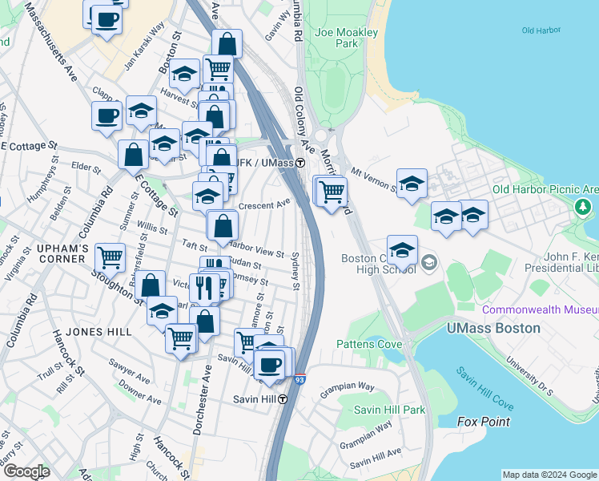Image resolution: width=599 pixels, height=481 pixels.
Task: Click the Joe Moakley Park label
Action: pos(347,38)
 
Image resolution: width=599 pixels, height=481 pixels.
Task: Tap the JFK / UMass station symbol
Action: pos(299,163)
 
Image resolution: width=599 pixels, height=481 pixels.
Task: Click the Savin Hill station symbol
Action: pos(283,398)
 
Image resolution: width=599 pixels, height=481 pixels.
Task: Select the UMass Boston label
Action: pos(493,328)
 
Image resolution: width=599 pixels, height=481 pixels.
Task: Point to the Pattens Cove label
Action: pos(369,344)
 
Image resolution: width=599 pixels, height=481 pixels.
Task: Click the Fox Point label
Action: pos(483,421)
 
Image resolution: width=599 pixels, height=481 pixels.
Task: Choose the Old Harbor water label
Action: pos(538,30)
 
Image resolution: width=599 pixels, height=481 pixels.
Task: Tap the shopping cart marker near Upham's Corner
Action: pos(110,257)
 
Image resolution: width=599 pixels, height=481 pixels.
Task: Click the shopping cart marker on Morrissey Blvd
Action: pos(332,191)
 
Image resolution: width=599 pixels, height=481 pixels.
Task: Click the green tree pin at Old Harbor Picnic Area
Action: pos(583,208)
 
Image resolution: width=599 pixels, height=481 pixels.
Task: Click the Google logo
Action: pos(26,471)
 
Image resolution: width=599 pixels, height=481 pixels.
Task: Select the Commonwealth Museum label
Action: pos(541,309)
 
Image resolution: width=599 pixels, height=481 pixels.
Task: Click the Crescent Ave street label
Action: pos(263,204)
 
